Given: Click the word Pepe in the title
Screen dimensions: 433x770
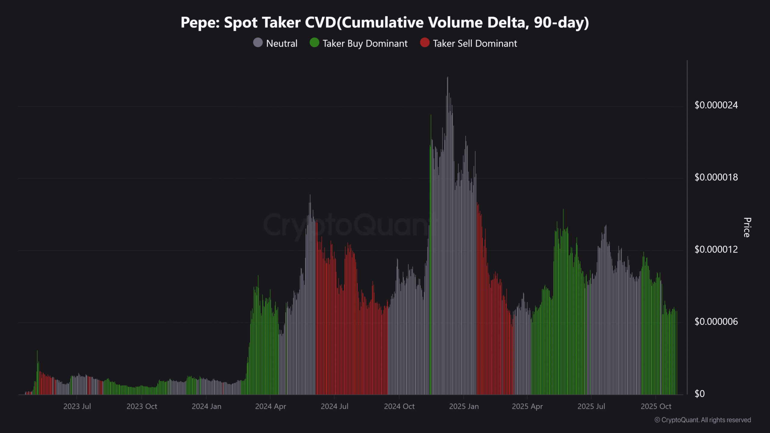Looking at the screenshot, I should coord(200,23).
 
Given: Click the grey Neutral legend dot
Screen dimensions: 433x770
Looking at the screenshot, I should coord(258,43).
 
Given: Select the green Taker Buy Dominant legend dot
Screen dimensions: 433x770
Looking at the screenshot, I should coord(314,43).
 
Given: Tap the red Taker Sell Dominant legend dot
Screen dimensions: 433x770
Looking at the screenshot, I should coord(424,43).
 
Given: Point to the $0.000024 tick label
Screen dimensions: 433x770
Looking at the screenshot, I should coord(716,105).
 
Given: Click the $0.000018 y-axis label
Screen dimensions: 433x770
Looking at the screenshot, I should coord(716,177).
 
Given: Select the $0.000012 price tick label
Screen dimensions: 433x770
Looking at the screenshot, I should coord(716,250).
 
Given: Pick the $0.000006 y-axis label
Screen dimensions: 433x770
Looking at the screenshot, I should coord(716,322).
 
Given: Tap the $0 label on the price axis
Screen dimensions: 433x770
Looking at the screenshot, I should coord(699,394).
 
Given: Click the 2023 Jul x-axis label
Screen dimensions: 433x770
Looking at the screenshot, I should coord(77,407).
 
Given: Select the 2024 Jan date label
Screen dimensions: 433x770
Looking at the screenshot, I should coord(206,407).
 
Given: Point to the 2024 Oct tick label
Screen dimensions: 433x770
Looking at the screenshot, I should coord(399,407).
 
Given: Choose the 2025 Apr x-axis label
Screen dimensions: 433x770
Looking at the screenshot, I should coord(527,407).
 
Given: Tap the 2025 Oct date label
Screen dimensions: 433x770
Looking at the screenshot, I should coord(656,407).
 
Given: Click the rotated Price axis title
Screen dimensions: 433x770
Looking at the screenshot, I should coord(747,227).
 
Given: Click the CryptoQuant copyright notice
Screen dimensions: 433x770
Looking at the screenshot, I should coord(703,420).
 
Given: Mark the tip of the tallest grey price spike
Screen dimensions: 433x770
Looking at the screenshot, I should coord(447,78).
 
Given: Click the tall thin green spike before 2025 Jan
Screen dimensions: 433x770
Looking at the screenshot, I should coord(431,115).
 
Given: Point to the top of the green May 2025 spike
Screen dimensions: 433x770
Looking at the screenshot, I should coord(563,210).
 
